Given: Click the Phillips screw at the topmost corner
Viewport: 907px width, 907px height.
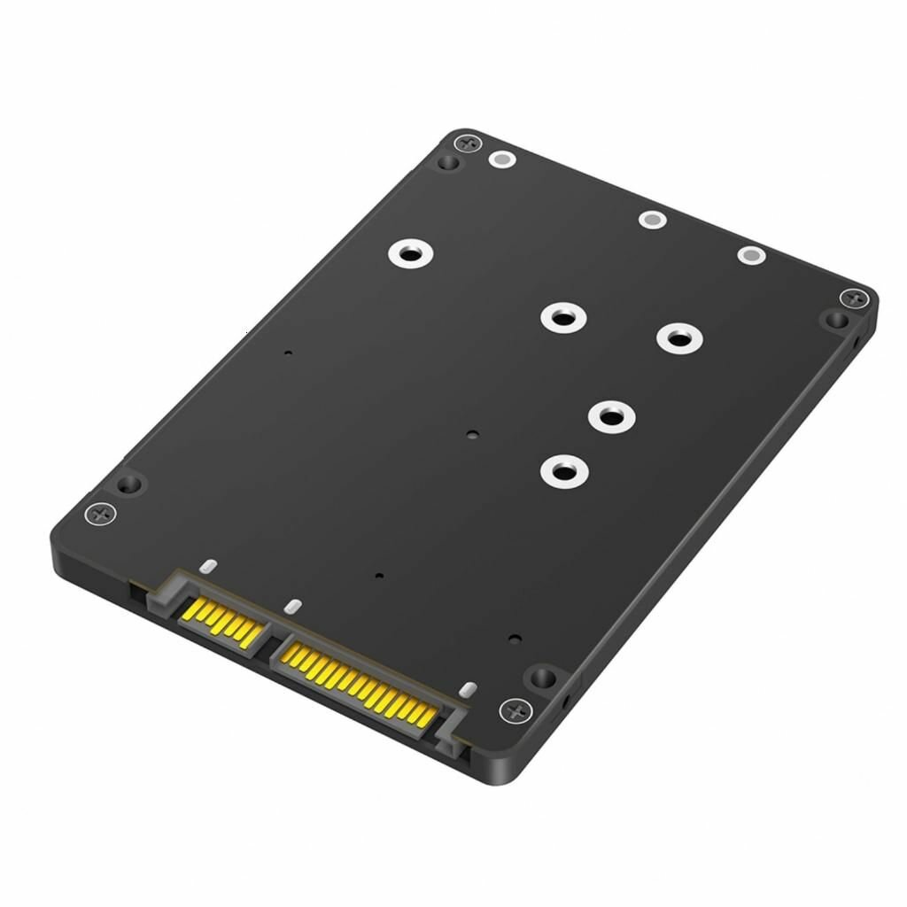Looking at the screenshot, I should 468,143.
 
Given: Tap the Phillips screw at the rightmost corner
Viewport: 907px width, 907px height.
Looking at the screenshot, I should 854,298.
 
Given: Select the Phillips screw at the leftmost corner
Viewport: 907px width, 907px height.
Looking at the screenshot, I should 100,513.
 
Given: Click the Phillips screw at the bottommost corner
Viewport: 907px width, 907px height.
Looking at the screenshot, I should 516,709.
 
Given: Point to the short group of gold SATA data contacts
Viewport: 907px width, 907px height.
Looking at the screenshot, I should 222,619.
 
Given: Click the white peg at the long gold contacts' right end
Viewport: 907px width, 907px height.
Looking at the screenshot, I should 468,689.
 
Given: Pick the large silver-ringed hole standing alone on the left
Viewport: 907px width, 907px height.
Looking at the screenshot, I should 410,254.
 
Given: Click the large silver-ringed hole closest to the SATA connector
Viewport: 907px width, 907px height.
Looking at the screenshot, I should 563,469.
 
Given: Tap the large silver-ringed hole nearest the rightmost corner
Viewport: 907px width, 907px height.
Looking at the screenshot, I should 678,337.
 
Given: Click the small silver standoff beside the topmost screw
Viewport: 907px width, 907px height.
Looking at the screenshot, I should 502,160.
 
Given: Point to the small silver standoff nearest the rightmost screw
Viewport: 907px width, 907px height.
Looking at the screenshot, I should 751,256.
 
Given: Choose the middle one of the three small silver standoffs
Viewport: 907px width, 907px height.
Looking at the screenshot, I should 652,219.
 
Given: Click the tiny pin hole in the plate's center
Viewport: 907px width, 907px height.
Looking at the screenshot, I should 471,435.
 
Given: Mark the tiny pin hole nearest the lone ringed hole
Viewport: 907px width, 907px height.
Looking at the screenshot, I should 287,353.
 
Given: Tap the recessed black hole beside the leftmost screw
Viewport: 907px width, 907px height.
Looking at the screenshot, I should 129,484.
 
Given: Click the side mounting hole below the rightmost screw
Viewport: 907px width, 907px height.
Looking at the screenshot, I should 857,341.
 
